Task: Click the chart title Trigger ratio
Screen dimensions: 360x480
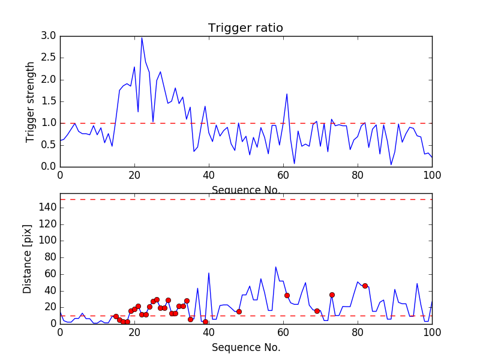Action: [x=245, y=28]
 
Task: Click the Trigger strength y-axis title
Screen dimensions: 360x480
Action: [x=31, y=101]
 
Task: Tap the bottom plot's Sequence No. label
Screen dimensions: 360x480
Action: [x=246, y=347]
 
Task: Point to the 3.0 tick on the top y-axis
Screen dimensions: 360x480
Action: [x=49, y=36]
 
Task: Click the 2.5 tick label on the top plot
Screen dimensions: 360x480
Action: [x=49, y=58]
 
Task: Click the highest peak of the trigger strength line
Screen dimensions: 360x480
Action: [x=142, y=38]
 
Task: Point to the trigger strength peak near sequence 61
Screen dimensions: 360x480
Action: [x=287, y=94]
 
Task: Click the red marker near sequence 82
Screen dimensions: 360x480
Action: [x=365, y=286]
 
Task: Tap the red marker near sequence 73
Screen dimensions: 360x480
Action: [x=332, y=295]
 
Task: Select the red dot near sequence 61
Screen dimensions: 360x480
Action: [x=287, y=295]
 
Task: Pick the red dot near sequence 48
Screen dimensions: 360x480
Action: [x=239, y=311]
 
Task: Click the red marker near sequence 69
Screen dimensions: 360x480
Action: [x=317, y=311]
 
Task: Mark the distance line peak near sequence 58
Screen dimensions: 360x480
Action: [x=276, y=267]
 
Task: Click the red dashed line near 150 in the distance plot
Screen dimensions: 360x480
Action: [x=246, y=199]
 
